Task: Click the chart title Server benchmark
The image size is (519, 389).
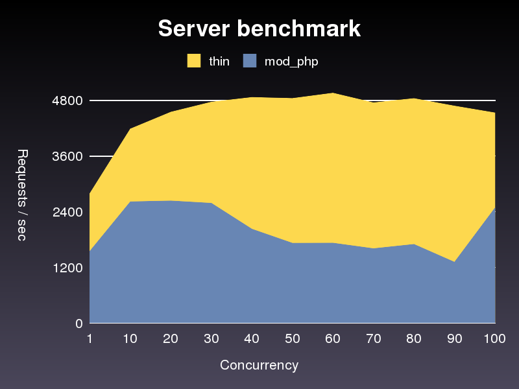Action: (x=259, y=29)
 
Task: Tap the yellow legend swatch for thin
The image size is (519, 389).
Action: (x=195, y=61)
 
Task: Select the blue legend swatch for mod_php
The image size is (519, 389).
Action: (x=250, y=61)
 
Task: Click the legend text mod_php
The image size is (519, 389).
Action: (x=291, y=62)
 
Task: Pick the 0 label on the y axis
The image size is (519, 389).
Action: (x=78, y=323)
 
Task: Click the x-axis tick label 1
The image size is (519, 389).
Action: (x=90, y=338)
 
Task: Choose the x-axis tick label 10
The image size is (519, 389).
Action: (x=130, y=338)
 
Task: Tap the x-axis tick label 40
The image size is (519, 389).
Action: (x=252, y=338)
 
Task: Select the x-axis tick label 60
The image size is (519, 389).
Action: (x=333, y=338)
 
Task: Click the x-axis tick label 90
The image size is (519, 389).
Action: (x=455, y=338)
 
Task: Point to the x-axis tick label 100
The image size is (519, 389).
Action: (x=495, y=338)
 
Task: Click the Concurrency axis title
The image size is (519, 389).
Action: (x=259, y=365)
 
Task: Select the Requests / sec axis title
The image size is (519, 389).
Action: (x=21, y=194)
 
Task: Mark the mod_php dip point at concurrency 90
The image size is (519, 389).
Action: (x=455, y=262)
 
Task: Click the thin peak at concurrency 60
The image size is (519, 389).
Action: (x=333, y=93)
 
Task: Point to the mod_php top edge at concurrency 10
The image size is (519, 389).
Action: (x=130, y=202)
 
